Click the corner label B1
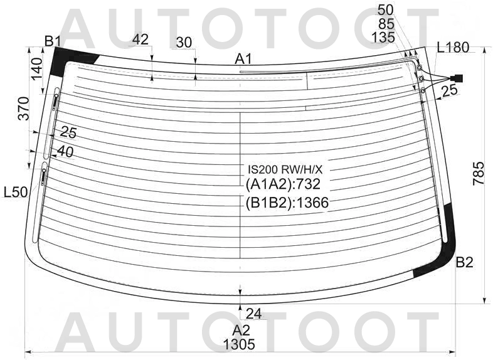point(53,41)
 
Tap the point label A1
point(243,59)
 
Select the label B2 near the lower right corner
point(464,262)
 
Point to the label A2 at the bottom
point(241,331)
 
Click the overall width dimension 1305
point(239,344)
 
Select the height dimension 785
point(478,174)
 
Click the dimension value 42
point(140,40)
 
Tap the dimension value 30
point(184,43)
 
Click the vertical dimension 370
point(24,109)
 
